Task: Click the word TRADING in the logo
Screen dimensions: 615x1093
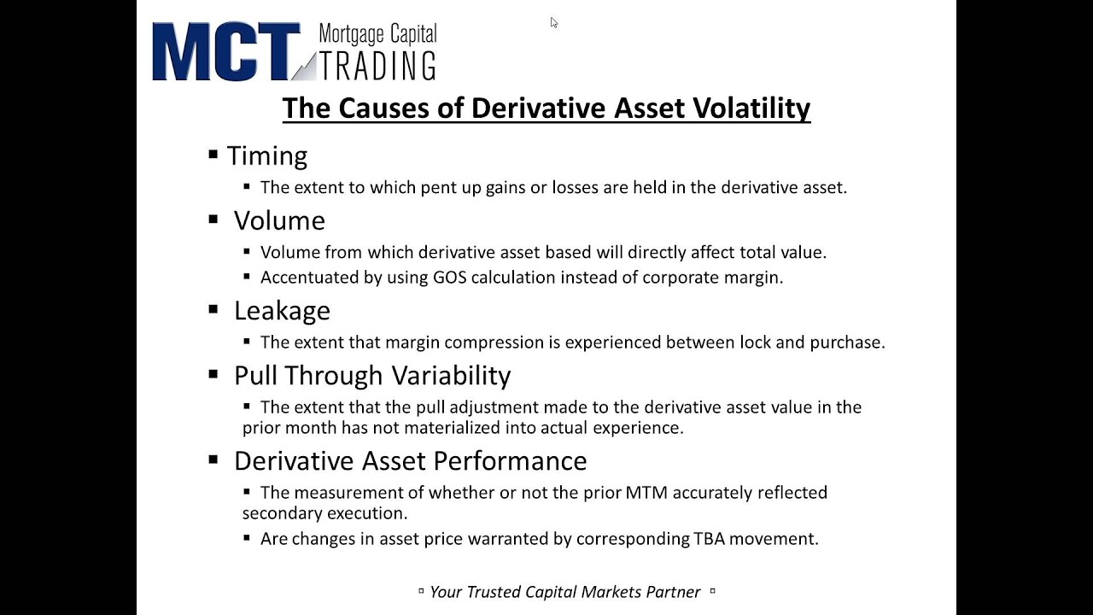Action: (x=377, y=66)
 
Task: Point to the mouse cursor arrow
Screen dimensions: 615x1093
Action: (x=553, y=23)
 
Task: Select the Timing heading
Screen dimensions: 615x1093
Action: (x=266, y=156)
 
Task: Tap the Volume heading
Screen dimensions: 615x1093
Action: (x=279, y=221)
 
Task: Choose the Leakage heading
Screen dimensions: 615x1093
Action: (x=282, y=311)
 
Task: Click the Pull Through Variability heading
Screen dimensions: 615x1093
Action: (x=372, y=376)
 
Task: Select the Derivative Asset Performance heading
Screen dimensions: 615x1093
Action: (x=410, y=461)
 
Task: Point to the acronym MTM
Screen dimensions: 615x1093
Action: (x=647, y=493)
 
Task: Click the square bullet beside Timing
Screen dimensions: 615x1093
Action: (x=213, y=155)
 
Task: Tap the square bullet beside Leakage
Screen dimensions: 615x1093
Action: (x=213, y=309)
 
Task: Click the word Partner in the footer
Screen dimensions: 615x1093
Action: (x=672, y=592)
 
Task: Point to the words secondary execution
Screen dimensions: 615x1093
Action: (x=324, y=513)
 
